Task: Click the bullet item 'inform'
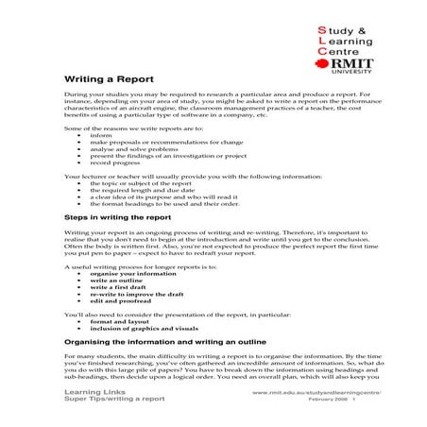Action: [99, 134]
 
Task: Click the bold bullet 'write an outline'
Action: [116, 281]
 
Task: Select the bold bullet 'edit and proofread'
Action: [121, 300]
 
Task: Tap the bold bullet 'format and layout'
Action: [120, 321]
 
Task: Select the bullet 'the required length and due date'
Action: [143, 190]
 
